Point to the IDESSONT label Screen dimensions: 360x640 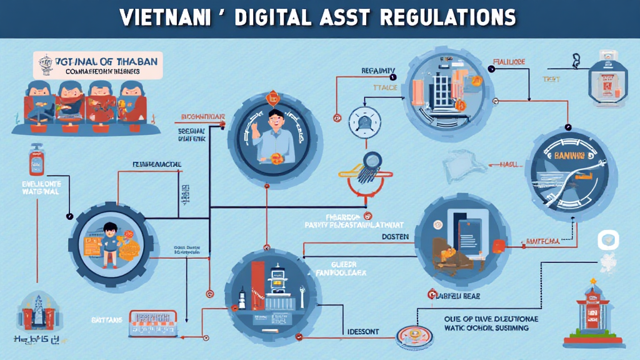coord(362,331)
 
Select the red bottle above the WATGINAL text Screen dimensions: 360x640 coord(35,159)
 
